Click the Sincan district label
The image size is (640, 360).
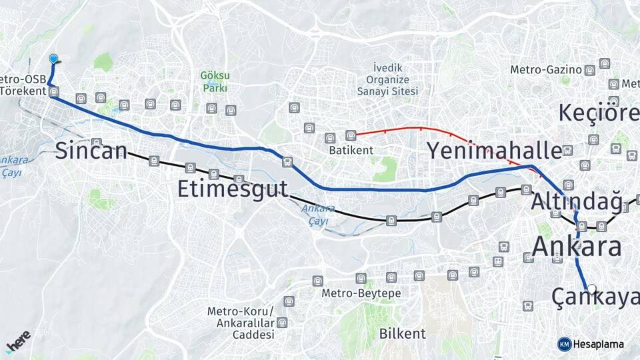(x=91, y=151)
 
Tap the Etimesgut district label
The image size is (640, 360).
(x=232, y=189)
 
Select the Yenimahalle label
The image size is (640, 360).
(x=494, y=151)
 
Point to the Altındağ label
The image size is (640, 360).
(x=576, y=200)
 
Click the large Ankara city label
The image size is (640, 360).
(x=577, y=247)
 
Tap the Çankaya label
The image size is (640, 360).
(x=595, y=298)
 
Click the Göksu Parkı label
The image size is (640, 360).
(x=215, y=81)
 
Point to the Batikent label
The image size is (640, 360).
(x=351, y=151)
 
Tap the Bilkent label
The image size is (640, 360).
(x=402, y=333)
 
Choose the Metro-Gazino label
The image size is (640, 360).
(x=546, y=69)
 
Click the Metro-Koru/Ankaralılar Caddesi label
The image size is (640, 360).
(x=240, y=323)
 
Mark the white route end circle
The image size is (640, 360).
(x=591, y=289)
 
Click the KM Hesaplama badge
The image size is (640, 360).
(x=591, y=344)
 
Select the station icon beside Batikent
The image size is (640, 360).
(x=351, y=136)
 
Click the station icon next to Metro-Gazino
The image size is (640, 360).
(x=589, y=70)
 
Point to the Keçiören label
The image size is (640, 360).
(x=598, y=113)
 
